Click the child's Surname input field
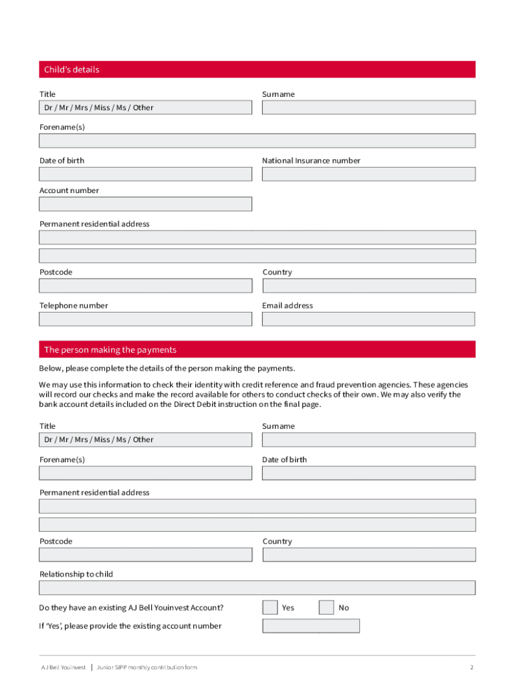369,108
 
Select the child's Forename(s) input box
257,141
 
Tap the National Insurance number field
369,174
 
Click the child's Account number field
146,204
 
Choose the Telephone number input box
146,319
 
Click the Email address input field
369,319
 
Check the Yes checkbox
270,608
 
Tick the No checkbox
326,608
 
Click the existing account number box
311,626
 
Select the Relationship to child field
257,588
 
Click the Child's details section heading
72,69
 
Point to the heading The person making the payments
110,350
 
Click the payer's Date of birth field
369,474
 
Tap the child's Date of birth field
146,174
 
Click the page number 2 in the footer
472,667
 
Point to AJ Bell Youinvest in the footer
64,667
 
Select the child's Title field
146,108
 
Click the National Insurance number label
311,161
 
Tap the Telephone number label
74,306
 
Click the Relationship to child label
76,574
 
